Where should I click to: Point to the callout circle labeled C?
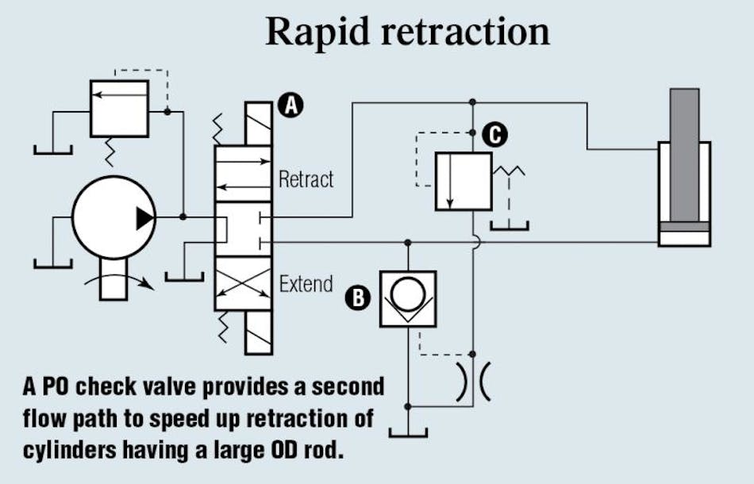tap(494, 134)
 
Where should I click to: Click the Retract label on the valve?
tap(306, 179)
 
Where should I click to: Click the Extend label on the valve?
tap(306, 283)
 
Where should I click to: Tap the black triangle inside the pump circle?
tap(144, 217)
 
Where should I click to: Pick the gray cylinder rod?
tap(684, 155)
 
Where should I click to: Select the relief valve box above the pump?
tap(119, 108)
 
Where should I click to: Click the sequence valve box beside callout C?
tap(464, 182)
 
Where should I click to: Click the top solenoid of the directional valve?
tap(259, 128)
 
